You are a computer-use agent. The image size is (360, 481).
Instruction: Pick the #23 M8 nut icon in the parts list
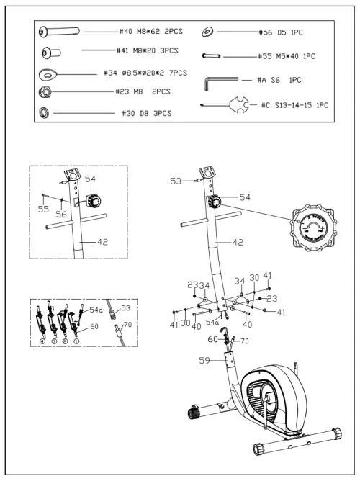[x=45, y=92]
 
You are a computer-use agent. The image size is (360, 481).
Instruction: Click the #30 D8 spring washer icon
[x=45, y=112]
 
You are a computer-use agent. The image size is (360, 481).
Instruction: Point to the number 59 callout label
[x=205, y=361]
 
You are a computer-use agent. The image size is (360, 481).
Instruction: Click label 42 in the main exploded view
[x=238, y=243]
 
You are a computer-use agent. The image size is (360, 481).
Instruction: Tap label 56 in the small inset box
[x=63, y=214]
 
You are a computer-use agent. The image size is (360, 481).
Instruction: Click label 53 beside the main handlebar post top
[x=176, y=182]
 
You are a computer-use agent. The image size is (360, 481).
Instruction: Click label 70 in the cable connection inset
[x=127, y=325]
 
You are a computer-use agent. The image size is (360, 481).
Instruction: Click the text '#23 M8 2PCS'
[x=143, y=91]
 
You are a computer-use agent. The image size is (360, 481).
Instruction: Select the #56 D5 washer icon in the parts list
[x=208, y=32]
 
